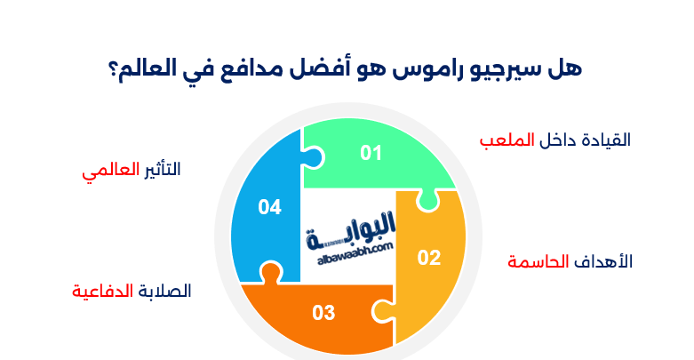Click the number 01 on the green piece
click(371, 153)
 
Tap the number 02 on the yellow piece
click(429, 258)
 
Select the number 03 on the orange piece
click(323, 313)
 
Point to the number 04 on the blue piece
click(270, 207)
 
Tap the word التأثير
click(161, 170)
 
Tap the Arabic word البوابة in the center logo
click(351, 234)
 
